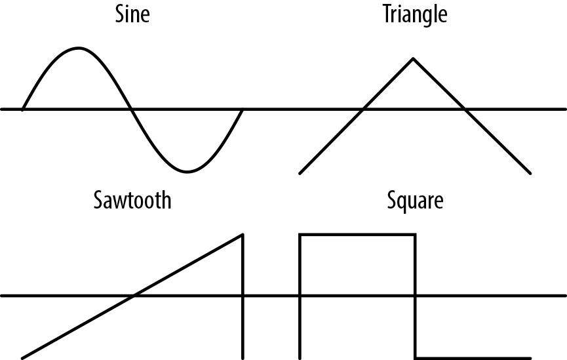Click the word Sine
coord(132,14)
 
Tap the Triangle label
coord(415,14)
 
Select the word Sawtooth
coord(132,199)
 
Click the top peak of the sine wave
coord(79,48)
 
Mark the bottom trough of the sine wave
coord(187,172)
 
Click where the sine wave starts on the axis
coord(23,109)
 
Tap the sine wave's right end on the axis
coord(243,109)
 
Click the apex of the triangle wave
coord(413,59)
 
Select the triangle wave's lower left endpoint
coord(300,173)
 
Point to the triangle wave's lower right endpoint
coord(530,173)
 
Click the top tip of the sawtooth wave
coord(243,234)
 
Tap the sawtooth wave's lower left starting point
coord(22,358)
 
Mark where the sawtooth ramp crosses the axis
coord(134,296)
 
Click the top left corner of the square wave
coord(300,234)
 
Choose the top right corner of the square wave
coord(415,234)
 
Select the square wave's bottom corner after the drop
coord(415,358)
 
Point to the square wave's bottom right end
coord(530,358)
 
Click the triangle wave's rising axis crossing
coord(363,109)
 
